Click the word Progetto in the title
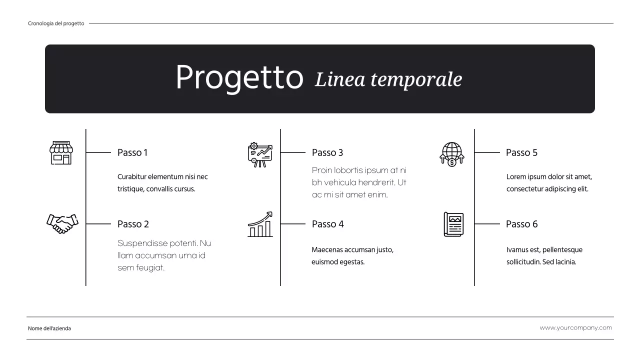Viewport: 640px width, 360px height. [239, 77]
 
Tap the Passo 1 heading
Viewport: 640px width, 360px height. [132, 152]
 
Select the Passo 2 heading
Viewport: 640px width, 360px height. [133, 224]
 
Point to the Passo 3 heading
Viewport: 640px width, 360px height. [327, 152]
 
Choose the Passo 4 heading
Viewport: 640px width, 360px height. [327, 224]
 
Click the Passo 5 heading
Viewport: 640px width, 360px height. [521, 152]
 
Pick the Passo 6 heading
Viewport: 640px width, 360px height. [521, 224]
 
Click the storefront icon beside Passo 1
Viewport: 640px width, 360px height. [61, 152]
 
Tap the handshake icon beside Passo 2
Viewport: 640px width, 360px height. [62, 223]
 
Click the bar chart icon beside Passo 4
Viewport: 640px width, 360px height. [260, 224]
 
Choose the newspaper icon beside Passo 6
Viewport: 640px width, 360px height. [453, 224]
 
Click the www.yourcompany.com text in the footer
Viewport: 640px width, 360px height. [575, 328]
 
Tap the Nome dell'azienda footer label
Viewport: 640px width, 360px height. [49, 328]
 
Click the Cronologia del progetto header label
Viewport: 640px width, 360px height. [56, 23]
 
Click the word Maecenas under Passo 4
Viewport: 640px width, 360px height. [327, 250]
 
